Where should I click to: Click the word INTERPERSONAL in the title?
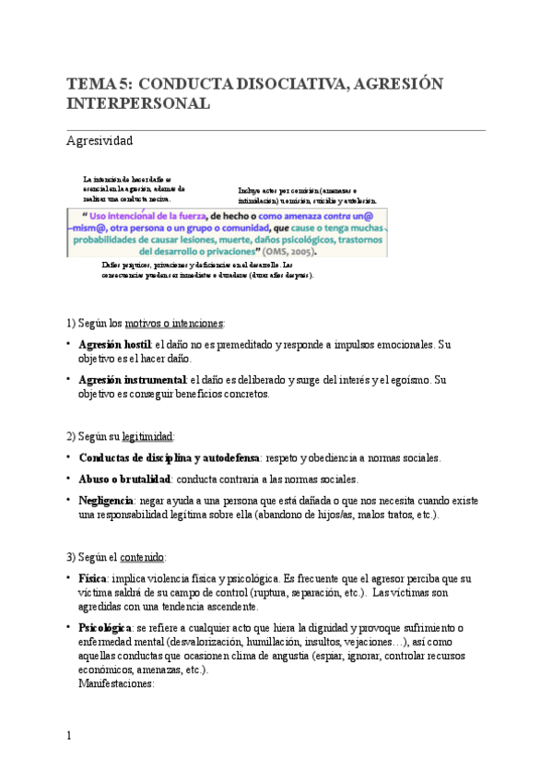138,103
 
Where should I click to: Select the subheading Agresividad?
100,141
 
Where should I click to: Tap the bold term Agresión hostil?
115,345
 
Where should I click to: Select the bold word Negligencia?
106,500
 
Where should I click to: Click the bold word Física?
95,578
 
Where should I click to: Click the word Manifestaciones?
116,685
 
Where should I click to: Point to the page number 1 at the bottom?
68,736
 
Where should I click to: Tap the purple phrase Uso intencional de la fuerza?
148,214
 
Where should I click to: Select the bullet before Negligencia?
69,499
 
